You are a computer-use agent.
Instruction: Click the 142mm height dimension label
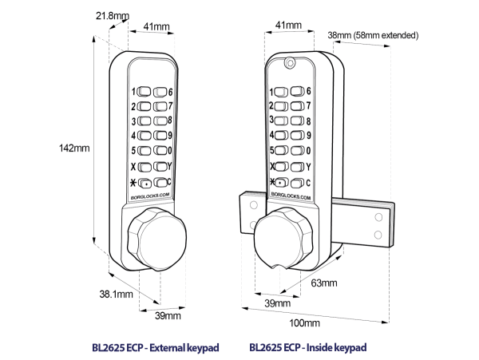coord(75,148)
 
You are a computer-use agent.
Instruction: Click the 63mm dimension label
coord(323,283)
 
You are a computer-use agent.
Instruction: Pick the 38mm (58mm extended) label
coord(373,35)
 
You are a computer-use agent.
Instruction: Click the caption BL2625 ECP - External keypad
coord(156,347)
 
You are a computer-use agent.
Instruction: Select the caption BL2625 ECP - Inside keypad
coord(307,347)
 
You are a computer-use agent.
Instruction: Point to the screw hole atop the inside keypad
coord(291,61)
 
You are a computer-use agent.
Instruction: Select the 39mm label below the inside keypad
coord(276,303)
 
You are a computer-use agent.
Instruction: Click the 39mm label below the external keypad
coord(167,316)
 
